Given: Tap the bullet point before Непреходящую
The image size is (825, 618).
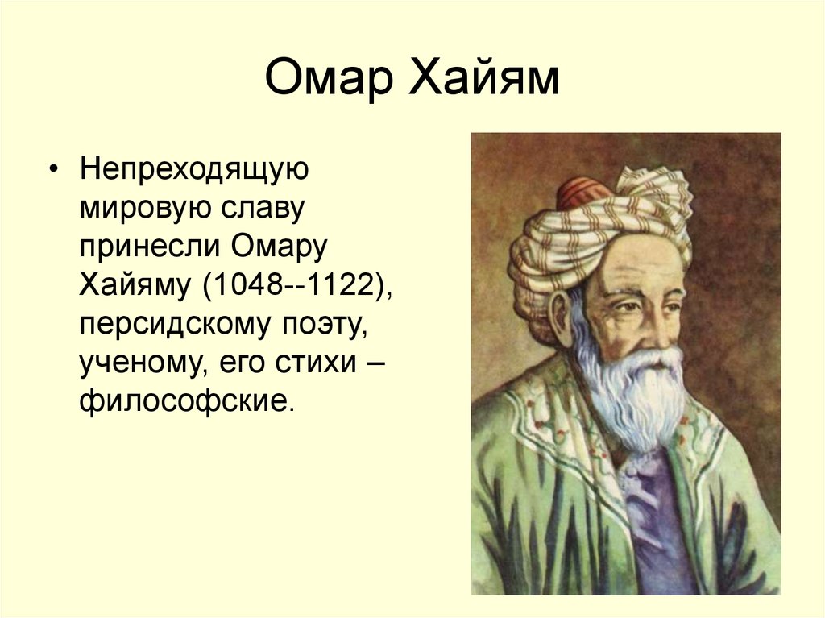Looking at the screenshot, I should click(54, 172).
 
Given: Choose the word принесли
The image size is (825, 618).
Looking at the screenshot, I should click(149, 249).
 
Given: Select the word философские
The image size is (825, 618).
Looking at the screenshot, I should click(181, 400).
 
